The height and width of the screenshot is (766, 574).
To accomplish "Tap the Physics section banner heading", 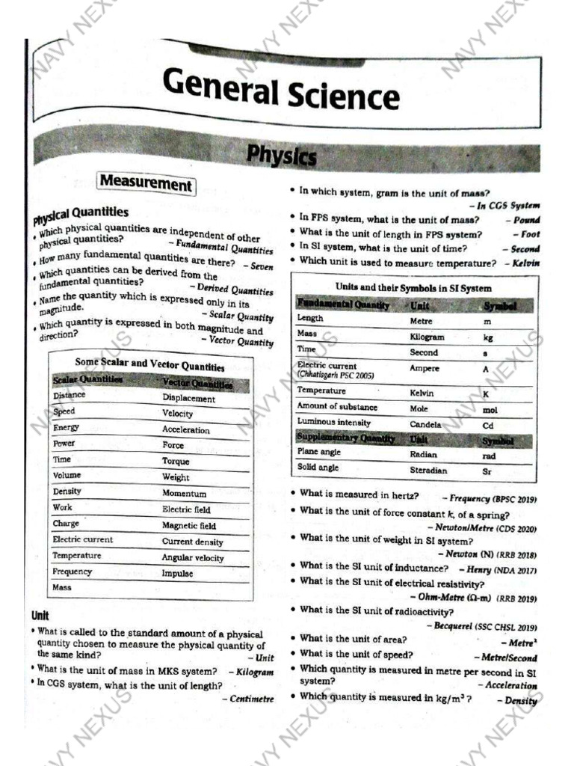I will [282, 156].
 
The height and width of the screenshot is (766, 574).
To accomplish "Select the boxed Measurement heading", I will [146, 183].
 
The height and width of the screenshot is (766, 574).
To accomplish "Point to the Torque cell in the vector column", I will [176, 461].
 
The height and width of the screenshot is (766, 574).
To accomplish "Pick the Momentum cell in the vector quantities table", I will [184, 494].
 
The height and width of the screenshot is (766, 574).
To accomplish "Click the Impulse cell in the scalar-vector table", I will [177, 574].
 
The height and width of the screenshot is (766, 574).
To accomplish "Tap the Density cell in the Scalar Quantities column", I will [67, 491].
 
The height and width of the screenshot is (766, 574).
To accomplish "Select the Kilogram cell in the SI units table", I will [427, 337].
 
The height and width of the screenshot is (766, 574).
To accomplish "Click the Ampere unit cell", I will [425, 368].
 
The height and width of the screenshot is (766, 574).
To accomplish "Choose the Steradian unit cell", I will [428, 471].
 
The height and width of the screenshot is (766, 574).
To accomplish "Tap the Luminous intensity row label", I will [333, 423].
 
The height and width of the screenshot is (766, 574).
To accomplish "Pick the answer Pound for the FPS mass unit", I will [526, 220].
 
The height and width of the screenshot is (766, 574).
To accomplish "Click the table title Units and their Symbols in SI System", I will [413, 288].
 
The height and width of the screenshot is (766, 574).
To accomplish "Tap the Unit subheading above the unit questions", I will [40, 616].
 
